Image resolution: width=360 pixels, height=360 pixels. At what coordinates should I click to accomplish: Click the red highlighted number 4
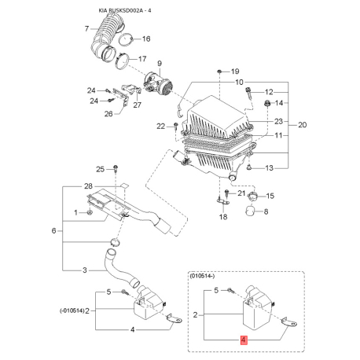click(x=244, y=340)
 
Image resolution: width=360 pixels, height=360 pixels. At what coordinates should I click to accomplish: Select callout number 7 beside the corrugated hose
click(x=87, y=28)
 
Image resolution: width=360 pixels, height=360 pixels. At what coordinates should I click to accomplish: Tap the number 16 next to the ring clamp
click(x=146, y=39)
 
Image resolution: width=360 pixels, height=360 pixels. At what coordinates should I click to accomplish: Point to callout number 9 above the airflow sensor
click(x=160, y=64)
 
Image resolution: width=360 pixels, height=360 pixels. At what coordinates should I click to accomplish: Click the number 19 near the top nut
click(x=235, y=72)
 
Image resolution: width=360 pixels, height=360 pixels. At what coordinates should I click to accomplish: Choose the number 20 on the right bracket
click(x=303, y=125)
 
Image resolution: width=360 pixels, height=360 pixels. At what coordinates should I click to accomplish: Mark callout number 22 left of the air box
click(x=161, y=127)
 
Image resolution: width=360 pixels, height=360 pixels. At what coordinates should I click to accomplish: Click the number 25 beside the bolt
click(x=100, y=169)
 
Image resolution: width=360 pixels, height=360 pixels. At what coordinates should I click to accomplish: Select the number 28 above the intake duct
click(x=88, y=186)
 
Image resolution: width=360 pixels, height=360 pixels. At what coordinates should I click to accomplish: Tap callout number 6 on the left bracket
click(x=53, y=231)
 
